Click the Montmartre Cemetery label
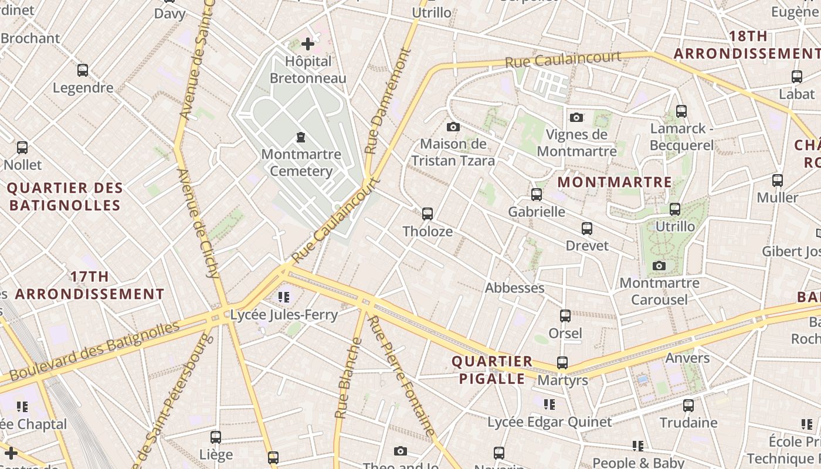coord(301,163)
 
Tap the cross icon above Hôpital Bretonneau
coord(307,43)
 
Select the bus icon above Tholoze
coord(428,214)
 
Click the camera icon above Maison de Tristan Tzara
coord(453,127)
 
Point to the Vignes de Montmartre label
coord(576,142)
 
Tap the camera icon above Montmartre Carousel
coord(659,266)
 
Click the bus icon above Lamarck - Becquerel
coord(681,111)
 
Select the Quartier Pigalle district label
coord(492,370)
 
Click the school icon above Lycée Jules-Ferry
coord(284,297)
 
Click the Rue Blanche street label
coord(348,381)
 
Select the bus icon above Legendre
coord(83,70)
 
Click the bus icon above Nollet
coord(22,148)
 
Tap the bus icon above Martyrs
coord(562,363)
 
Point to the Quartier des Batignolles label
coord(65,197)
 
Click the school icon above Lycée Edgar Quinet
coord(549,404)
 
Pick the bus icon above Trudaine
coord(688,405)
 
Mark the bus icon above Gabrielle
coord(536,195)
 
